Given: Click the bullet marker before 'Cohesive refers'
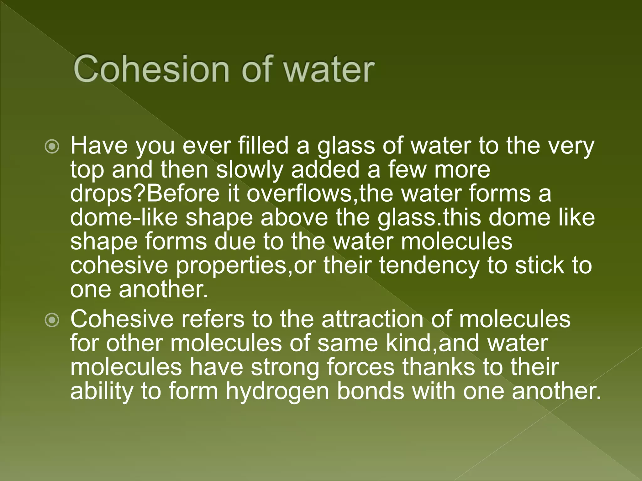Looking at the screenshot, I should [x=52, y=320].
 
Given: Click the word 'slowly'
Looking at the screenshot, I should [x=250, y=170].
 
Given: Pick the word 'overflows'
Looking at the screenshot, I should [x=299, y=194].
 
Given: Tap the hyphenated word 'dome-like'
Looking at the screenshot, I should [x=124, y=217].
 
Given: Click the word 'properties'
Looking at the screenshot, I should [x=232, y=266].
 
